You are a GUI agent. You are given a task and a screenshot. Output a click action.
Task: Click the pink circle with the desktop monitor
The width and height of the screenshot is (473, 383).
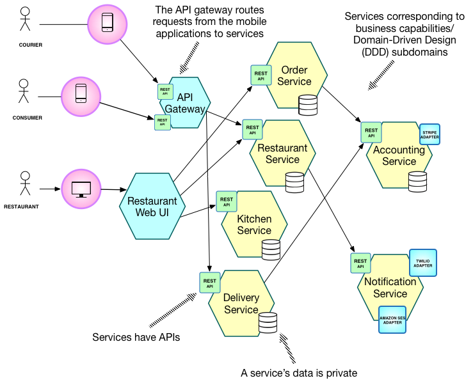82,189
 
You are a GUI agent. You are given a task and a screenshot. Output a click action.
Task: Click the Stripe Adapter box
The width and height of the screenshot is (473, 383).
429,134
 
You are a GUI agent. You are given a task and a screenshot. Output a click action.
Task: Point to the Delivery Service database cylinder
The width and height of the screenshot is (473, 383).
268,323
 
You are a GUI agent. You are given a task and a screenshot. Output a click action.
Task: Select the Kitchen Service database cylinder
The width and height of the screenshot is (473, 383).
271,249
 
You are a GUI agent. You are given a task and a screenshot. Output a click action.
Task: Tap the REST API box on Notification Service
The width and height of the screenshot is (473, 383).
361,263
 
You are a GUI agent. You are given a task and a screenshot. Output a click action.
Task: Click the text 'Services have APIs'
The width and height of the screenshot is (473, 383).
136,337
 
